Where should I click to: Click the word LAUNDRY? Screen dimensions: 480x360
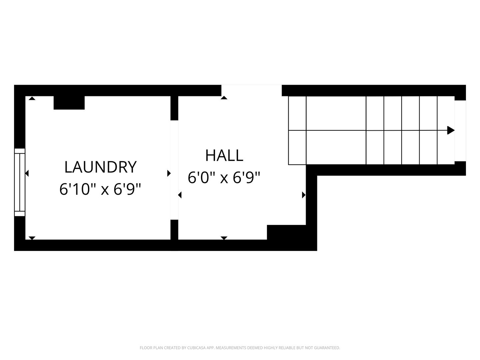pyautogui.click(x=100, y=167)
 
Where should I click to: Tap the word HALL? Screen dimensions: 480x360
pyautogui.click(x=224, y=156)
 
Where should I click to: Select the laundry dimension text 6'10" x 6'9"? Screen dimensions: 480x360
pyautogui.click(x=100, y=189)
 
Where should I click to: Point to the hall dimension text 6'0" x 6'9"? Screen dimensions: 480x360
pyautogui.click(x=224, y=178)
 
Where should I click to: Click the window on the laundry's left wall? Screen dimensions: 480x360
pyautogui.click(x=20, y=182)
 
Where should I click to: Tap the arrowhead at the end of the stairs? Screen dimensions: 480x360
pyautogui.click(x=451, y=130)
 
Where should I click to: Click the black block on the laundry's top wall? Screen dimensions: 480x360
pyautogui.click(x=69, y=103)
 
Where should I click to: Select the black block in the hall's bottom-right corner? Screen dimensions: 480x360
pyautogui.click(x=286, y=232)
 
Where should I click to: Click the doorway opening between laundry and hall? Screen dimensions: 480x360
pyautogui.click(x=174, y=170)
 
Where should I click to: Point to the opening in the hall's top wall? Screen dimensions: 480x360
pyautogui.click(x=251, y=90)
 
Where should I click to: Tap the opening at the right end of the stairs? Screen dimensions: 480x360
pyautogui.click(x=460, y=131)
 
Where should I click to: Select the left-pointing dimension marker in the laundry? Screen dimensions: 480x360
pyautogui.click(x=27, y=174)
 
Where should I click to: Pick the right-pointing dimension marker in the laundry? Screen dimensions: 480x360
pyautogui.click(x=169, y=173)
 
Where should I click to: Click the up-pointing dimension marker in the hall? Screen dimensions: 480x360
pyautogui.click(x=224, y=98)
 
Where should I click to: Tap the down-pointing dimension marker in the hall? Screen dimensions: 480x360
pyautogui.click(x=224, y=238)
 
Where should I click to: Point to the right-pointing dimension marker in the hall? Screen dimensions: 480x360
pyautogui.click(x=304, y=195)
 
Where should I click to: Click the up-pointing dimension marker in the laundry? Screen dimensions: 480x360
pyautogui.click(x=32, y=98)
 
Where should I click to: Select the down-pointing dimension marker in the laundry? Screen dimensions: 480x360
pyautogui.click(x=32, y=238)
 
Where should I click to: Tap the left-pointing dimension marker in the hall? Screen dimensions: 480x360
pyautogui.click(x=180, y=195)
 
